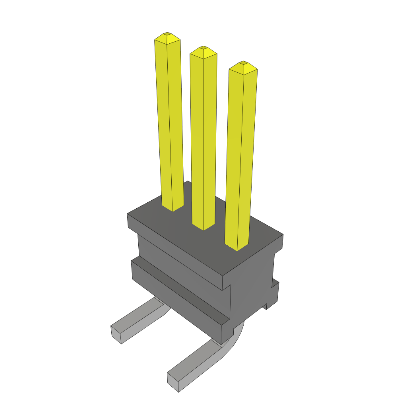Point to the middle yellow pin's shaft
tap(203, 139)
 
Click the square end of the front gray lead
tap(173, 382)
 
